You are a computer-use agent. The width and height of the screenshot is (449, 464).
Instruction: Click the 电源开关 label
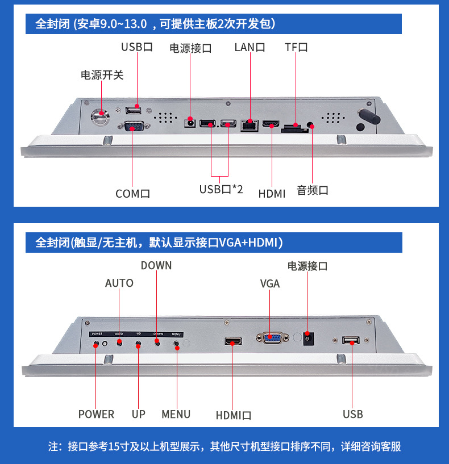click(x=102, y=76)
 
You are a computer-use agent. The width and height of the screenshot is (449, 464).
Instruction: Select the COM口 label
click(x=133, y=194)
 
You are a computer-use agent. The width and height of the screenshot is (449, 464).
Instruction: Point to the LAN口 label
click(x=250, y=48)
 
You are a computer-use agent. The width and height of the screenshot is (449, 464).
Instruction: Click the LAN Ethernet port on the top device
click(x=248, y=124)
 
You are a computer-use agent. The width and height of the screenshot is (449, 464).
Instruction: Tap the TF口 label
click(x=296, y=48)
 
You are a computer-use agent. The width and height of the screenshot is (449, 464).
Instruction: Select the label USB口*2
click(x=221, y=190)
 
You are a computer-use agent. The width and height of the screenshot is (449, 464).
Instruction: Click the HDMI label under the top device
click(x=272, y=194)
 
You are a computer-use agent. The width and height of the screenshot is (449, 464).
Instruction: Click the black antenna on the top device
click(x=367, y=119)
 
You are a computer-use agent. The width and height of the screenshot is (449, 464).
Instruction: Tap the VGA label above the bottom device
click(x=270, y=283)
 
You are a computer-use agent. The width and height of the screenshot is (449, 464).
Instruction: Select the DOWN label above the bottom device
click(x=156, y=266)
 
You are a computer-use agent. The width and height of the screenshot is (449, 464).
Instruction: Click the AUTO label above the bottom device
click(x=119, y=283)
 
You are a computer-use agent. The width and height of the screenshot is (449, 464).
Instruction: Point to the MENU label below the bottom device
click(x=176, y=415)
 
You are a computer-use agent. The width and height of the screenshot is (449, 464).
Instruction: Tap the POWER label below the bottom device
click(x=96, y=415)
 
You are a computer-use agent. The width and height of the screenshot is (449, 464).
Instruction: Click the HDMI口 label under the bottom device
click(x=233, y=416)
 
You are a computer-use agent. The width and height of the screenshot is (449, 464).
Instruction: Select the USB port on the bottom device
click(x=351, y=341)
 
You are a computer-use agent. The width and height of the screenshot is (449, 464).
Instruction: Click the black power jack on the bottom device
click(x=308, y=338)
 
